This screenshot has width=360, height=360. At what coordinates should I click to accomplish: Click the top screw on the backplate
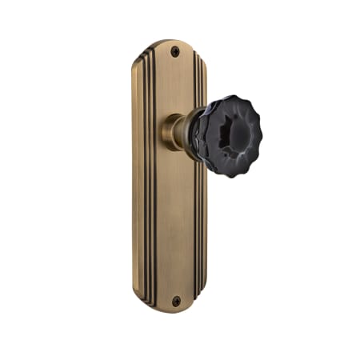coord(175,50)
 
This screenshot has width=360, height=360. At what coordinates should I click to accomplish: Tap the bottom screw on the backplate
coord(176,301)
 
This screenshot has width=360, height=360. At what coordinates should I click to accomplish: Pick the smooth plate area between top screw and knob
coord(174,84)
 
